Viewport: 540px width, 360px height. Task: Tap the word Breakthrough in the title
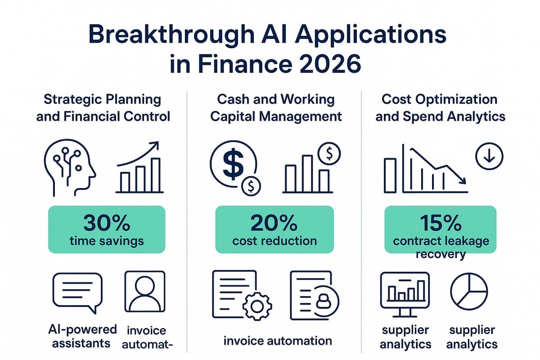(x=171, y=35)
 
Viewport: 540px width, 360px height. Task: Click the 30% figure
(x=107, y=223)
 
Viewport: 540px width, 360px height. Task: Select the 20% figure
(x=274, y=223)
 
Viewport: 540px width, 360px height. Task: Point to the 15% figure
(x=441, y=223)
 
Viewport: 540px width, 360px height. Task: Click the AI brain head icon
(x=70, y=167)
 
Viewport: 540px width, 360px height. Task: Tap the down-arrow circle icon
(x=489, y=156)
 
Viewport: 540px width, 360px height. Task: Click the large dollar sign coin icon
(x=233, y=164)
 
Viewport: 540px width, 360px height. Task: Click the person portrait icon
(x=145, y=292)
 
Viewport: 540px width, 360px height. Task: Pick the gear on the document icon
(x=257, y=306)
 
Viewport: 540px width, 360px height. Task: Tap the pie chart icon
(x=469, y=291)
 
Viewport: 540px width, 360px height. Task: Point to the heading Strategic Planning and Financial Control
(x=103, y=108)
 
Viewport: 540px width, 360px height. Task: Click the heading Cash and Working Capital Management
(x=276, y=108)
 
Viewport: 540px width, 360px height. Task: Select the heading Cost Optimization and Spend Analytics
(x=440, y=108)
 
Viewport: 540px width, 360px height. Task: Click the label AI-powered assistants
(x=82, y=336)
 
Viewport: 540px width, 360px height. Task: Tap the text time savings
(x=107, y=241)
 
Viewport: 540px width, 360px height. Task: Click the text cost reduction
(x=274, y=241)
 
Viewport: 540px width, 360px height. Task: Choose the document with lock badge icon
(x=315, y=295)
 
